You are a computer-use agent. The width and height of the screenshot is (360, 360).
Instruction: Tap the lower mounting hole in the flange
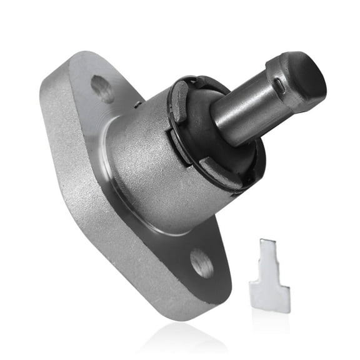[201, 262]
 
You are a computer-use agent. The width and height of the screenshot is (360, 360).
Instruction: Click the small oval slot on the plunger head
[277, 84]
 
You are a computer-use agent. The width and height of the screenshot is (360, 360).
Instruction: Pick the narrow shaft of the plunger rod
[241, 109]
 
